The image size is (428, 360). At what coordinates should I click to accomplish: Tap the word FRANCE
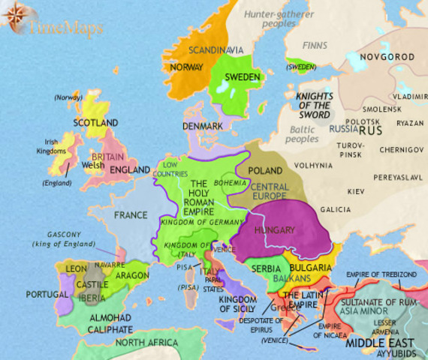[x=131, y=215]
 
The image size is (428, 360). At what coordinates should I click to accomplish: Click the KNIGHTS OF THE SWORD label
[x=314, y=106]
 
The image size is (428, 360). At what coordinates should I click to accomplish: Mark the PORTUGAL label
[x=47, y=295]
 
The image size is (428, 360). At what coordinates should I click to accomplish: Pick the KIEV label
[x=355, y=192]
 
